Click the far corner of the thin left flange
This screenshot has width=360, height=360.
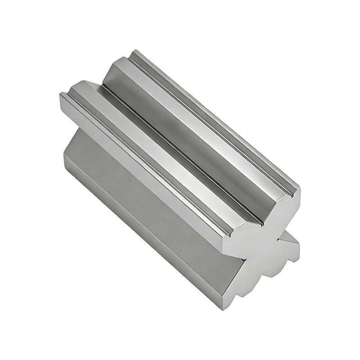click(x=61, y=94)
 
